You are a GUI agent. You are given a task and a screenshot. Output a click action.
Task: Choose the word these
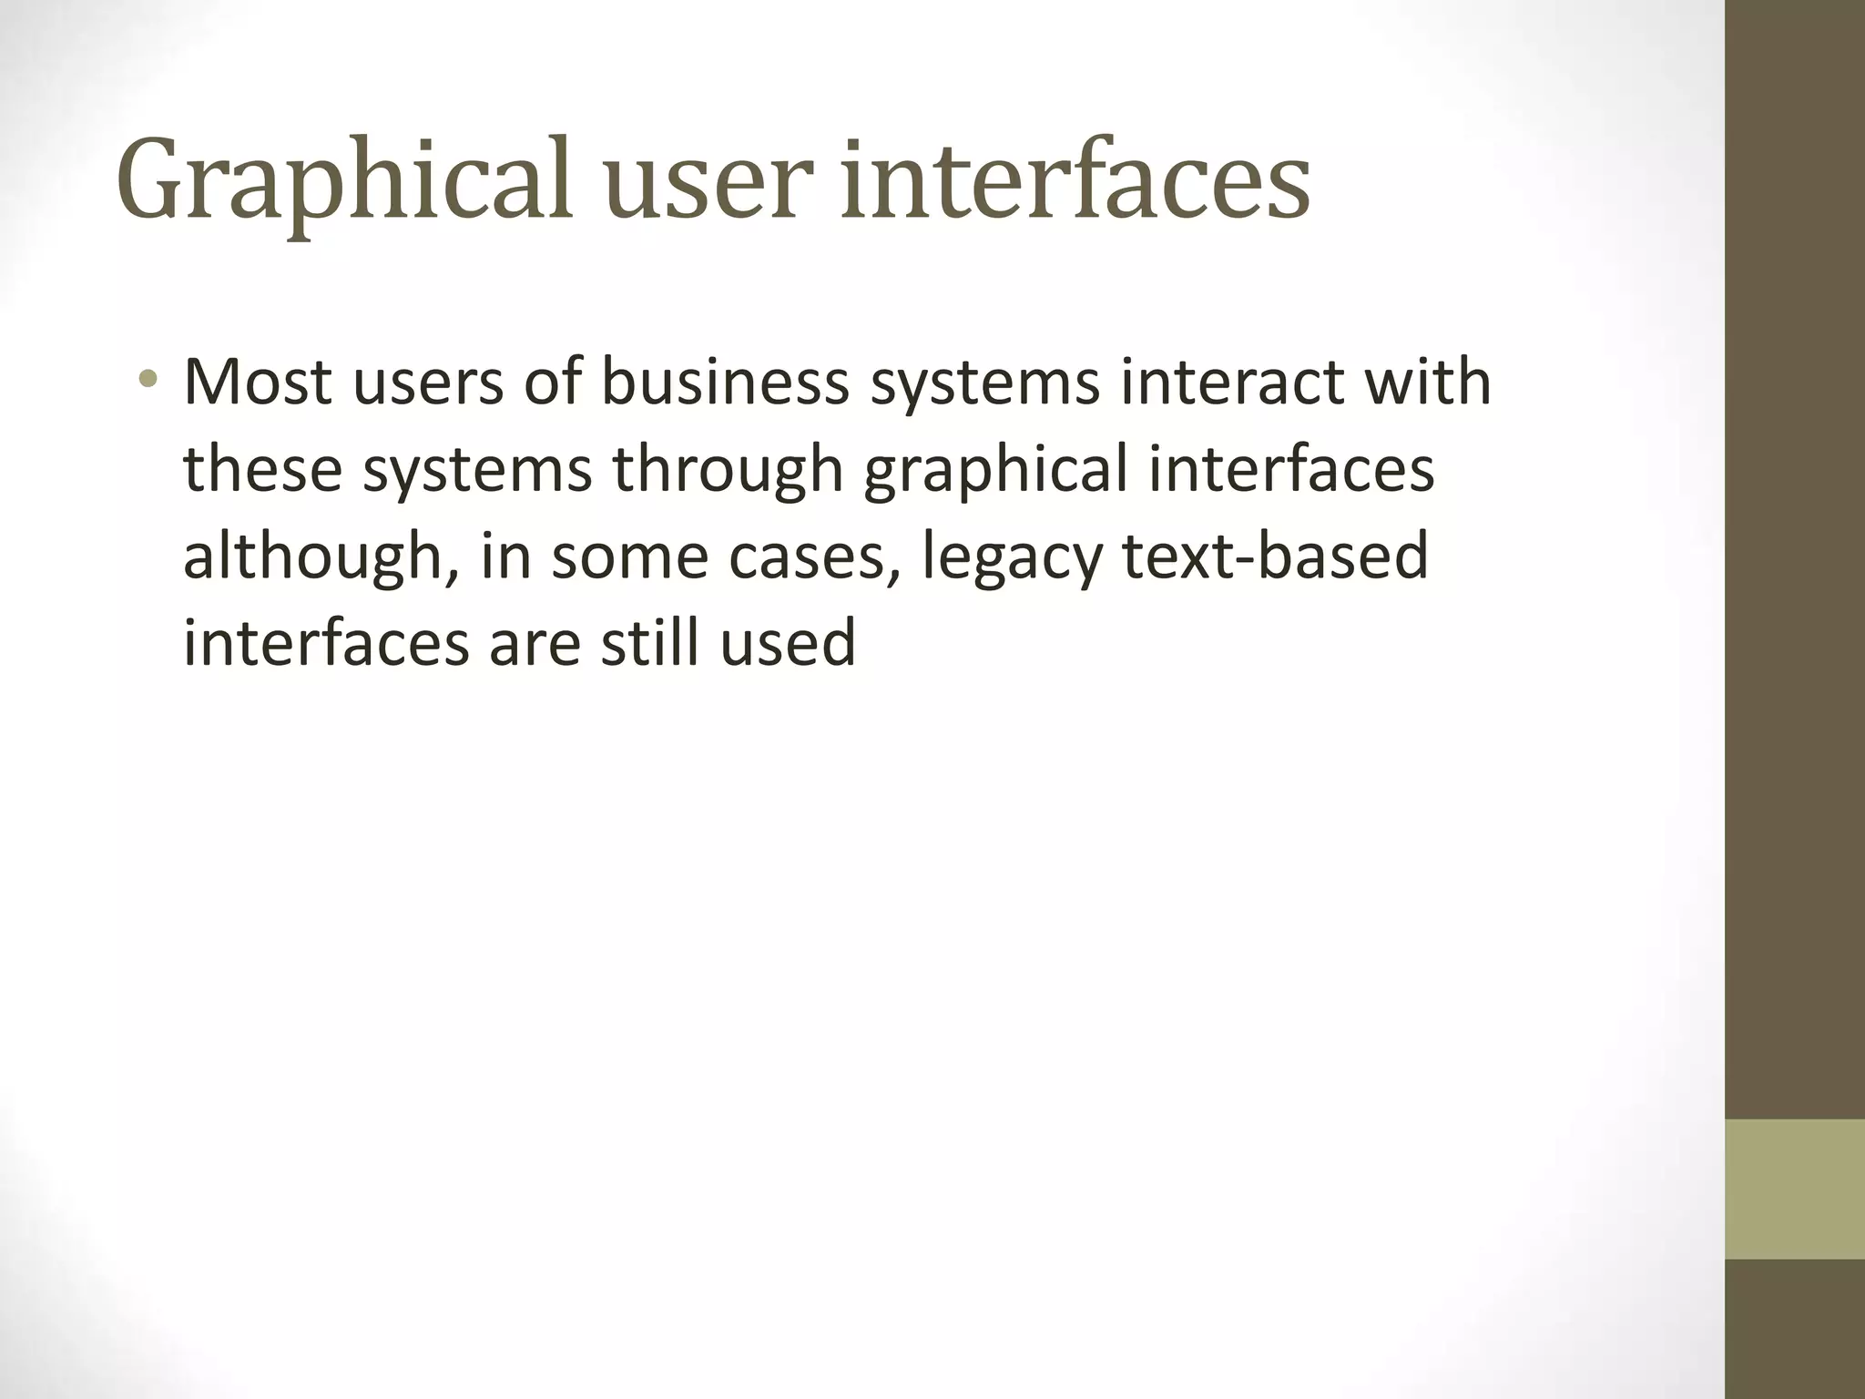(x=262, y=468)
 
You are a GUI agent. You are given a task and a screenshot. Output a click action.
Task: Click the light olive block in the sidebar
(x=1795, y=1190)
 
